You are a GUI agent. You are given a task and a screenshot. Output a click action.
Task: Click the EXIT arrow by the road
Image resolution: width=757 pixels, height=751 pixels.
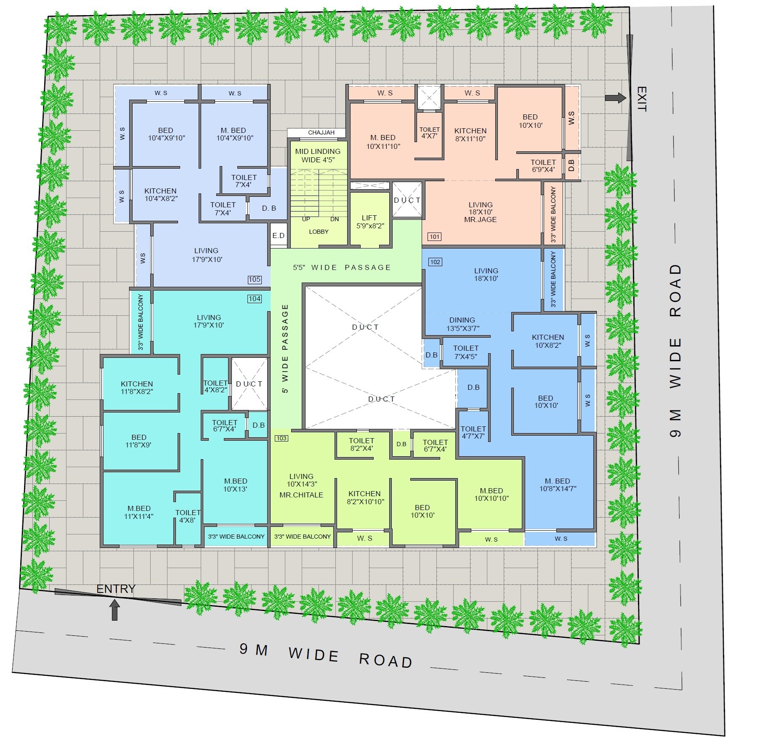tap(616, 98)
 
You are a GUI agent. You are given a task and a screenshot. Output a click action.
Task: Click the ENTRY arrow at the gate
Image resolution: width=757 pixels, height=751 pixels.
tap(114, 610)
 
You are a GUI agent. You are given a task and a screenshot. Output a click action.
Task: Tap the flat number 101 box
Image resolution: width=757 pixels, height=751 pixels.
tap(434, 237)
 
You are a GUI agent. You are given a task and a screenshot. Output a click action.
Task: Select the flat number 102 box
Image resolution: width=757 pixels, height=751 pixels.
tap(435, 262)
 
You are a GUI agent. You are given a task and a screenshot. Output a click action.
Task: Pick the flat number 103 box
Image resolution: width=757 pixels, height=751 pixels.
tap(281, 438)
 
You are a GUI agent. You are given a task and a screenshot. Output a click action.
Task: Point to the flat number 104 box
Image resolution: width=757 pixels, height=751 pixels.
tap(255, 299)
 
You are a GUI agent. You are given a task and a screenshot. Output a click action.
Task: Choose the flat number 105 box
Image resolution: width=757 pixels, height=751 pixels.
tap(255, 279)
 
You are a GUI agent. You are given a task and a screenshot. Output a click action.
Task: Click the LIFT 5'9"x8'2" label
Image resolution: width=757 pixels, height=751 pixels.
tap(370, 222)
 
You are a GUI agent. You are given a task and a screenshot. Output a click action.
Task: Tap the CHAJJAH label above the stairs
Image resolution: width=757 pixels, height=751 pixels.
tap(321, 132)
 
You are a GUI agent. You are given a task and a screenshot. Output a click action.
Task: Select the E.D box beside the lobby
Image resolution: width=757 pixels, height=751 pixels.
tap(278, 235)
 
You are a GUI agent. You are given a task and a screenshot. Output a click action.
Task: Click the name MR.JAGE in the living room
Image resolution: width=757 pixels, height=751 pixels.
tap(481, 219)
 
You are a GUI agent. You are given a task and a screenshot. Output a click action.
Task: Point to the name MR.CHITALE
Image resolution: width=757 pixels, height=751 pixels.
tap(301, 495)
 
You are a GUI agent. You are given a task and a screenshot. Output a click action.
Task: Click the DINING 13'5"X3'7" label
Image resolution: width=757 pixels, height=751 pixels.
tap(462, 324)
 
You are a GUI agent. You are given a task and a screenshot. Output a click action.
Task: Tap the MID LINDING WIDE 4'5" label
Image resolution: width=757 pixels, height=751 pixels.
tap(318, 156)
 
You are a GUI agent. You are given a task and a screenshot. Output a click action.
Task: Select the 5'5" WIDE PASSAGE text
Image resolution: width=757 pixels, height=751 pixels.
tap(342, 267)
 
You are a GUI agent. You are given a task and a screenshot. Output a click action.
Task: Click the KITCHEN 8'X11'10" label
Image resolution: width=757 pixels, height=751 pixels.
tap(470, 135)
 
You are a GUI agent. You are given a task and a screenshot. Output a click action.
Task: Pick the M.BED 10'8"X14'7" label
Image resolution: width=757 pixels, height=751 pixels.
tap(558, 484)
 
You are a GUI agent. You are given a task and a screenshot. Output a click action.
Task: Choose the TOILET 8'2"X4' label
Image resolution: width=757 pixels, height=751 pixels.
tap(361, 444)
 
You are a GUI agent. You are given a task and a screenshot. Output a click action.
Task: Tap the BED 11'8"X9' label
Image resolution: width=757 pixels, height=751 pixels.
tap(139, 441)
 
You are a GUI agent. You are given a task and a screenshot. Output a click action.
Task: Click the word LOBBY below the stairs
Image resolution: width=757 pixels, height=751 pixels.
tap(319, 232)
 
